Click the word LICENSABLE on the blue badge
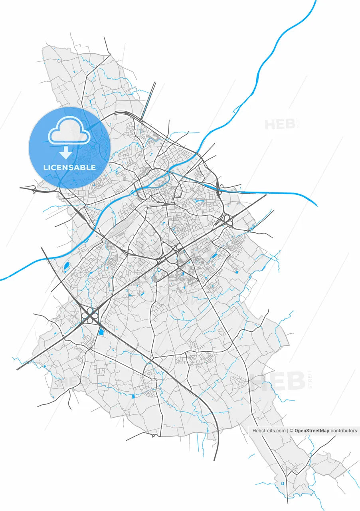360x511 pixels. pos(70,168)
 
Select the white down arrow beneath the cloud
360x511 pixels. pos(65,152)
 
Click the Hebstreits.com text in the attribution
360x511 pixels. pos(269,431)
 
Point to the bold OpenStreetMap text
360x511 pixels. pos(312,431)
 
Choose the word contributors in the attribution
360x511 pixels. pos(344,431)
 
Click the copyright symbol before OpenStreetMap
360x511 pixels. pos(291,431)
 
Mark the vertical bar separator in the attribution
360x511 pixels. pos(287,431)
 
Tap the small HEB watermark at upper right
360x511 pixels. pos(280,124)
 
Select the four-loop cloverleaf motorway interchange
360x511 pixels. pos(91,315)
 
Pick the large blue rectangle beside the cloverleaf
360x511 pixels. pos(101,331)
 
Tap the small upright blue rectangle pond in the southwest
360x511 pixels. pos(134,396)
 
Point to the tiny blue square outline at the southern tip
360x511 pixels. pos(283,483)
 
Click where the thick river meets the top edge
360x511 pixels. pos(315,1)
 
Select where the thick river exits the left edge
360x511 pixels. pos(1,279)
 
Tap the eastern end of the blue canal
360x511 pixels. pos(317,206)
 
